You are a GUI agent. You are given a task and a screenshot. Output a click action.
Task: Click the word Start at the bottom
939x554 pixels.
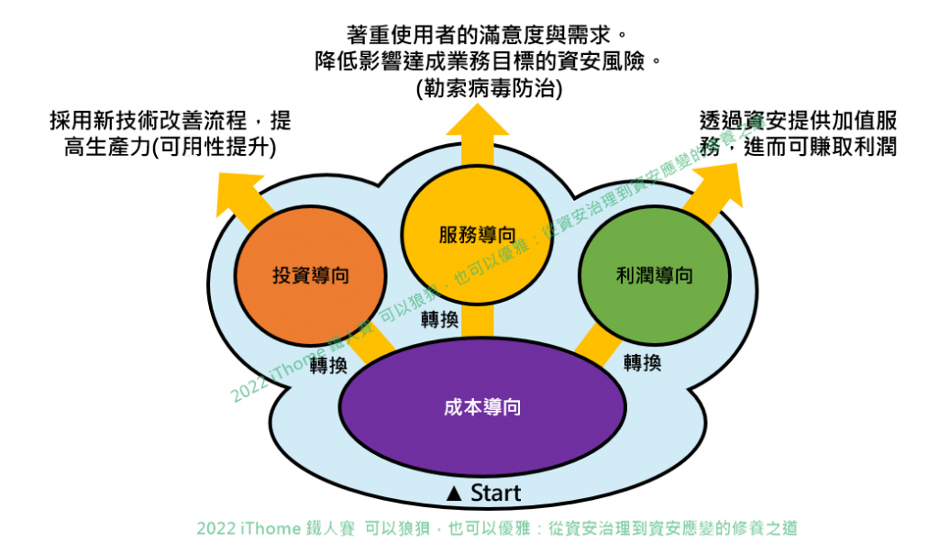coord(495,493)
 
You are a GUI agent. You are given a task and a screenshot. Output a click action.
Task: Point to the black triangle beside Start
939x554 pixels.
coord(453,493)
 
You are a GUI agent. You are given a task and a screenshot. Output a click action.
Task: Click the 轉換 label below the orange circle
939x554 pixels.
coord(328,366)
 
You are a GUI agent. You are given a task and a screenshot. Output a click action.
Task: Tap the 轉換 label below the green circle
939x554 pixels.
coord(642,361)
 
